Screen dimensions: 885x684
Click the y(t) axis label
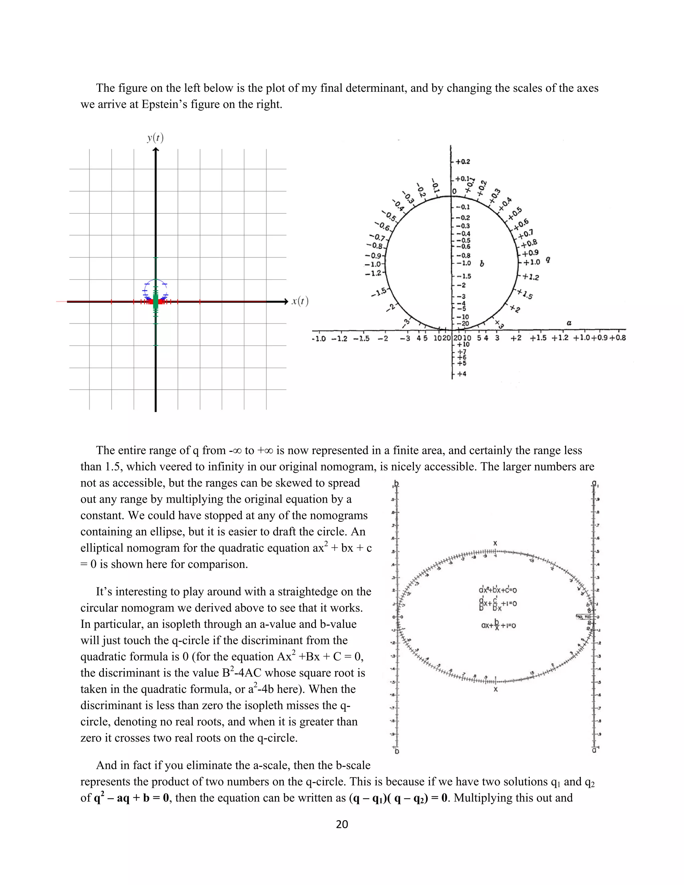point(155,138)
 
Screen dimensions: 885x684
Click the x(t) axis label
point(300,301)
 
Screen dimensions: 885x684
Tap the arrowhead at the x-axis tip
point(285,302)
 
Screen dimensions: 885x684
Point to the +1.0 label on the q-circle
point(532,262)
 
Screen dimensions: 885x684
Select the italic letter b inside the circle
point(482,264)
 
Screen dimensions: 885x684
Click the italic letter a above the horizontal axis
point(569,323)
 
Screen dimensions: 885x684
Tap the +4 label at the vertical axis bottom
point(462,374)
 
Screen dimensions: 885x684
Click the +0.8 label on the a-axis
point(618,338)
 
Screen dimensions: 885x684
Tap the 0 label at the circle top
point(454,191)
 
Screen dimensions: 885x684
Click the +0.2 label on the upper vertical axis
point(463,162)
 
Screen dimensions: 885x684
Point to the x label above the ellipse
point(495,543)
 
